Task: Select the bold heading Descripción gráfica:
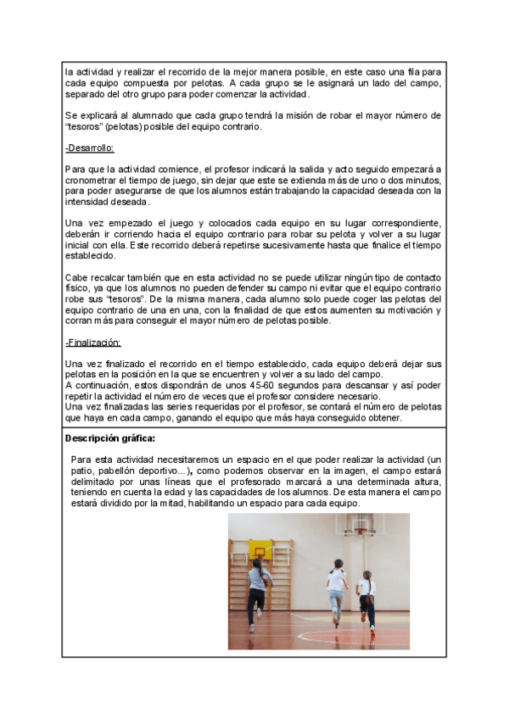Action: click(110, 439)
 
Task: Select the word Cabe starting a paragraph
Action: click(76, 277)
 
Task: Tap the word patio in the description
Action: click(82, 470)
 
